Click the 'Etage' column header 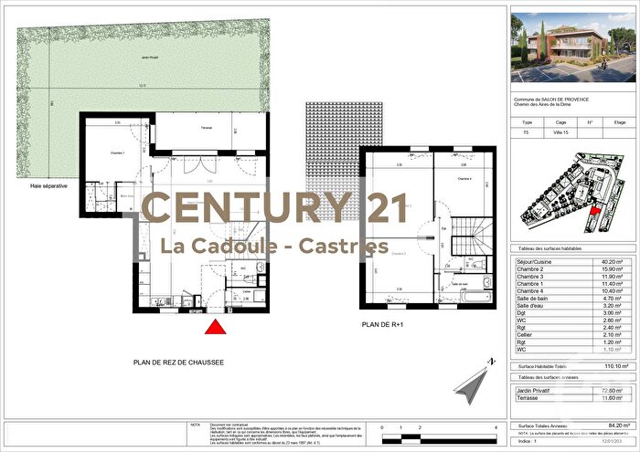[620, 121]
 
